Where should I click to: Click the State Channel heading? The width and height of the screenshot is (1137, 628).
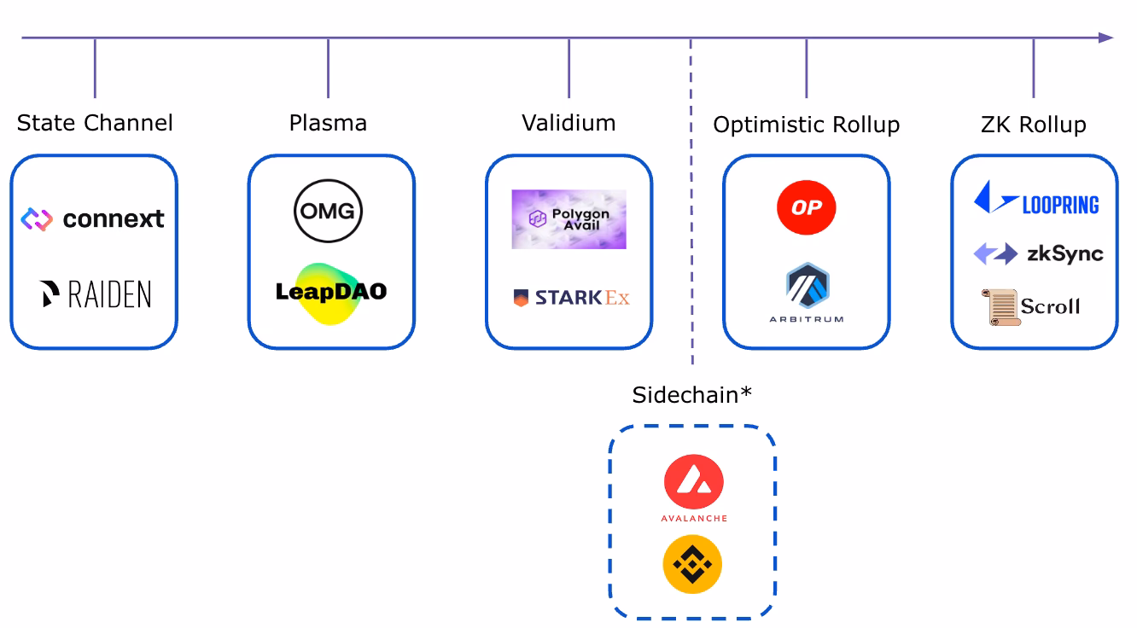95,123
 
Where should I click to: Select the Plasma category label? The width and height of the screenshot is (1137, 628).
328,123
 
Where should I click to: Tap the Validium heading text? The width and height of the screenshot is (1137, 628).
568,123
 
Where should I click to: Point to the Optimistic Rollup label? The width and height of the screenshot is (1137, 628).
806,125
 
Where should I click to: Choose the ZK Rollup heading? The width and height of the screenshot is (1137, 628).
1033,125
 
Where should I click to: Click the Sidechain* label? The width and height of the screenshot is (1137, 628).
692,394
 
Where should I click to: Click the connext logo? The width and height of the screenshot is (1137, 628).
93,219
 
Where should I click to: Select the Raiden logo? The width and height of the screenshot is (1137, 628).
96,294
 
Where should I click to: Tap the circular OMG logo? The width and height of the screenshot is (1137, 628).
328,211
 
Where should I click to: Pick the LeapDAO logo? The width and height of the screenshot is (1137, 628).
331,293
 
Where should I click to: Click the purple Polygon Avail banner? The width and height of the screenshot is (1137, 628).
568,219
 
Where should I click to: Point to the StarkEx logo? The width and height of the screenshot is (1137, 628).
571,298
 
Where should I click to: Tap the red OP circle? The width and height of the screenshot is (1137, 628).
806,208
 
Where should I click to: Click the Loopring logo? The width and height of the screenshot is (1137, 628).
1035,199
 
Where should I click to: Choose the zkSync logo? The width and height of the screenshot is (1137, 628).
1038,253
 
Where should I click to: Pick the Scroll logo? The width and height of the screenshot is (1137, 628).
1030,306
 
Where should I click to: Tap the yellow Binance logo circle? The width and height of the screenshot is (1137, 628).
692,564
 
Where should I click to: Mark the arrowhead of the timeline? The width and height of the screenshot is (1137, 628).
1105,38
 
